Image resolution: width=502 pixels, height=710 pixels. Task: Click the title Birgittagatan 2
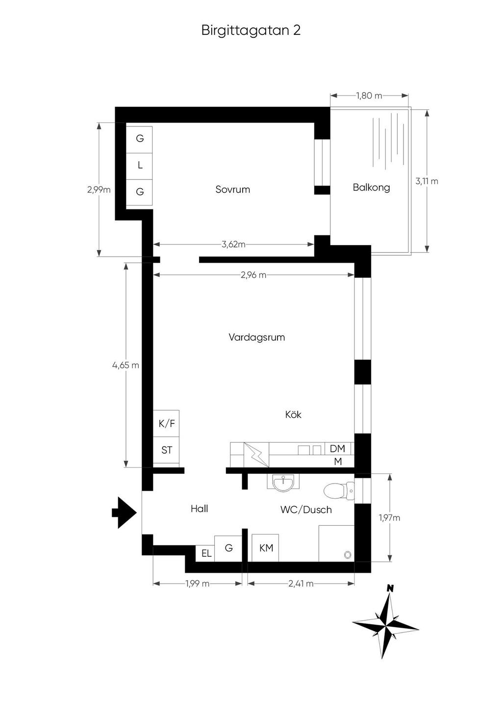click(x=251, y=30)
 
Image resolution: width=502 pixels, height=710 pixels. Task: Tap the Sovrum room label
click(x=232, y=189)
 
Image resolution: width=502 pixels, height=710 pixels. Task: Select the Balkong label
click(x=371, y=187)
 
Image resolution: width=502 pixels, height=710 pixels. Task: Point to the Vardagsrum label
click(x=256, y=337)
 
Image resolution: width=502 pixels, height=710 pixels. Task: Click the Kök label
click(x=293, y=414)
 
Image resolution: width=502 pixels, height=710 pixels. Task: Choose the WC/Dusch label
click(x=306, y=510)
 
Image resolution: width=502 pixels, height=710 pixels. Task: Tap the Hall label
click(x=199, y=509)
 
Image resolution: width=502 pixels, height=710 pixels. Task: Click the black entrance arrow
click(x=125, y=513)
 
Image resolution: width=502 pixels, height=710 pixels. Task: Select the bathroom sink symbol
click(x=283, y=483)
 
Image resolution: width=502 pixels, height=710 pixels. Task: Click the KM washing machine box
click(x=265, y=548)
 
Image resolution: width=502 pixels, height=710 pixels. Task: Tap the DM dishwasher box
click(x=337, y=448)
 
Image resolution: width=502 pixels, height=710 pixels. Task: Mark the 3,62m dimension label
click(x=233, y=245)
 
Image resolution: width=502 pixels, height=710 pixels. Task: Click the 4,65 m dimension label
click(x=125, y=365)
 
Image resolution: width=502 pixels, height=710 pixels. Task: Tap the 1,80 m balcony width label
click(x=369, y=96)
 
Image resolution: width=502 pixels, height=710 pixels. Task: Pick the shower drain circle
click(x=348, y=555)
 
